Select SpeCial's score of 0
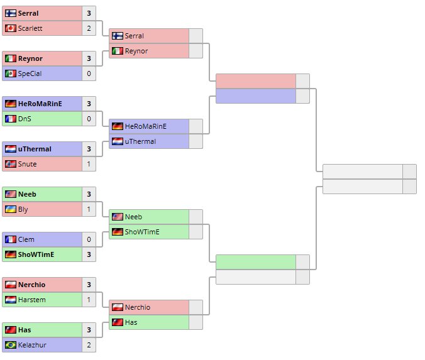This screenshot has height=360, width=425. [89, 74]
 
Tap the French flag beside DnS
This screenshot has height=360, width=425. [10, 119]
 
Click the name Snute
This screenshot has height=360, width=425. [28, 164]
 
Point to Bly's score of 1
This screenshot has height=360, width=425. [89, 209]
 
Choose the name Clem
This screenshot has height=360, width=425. [26, 239]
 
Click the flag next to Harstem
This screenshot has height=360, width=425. [10, 300]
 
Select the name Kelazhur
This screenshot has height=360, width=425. [31, 345]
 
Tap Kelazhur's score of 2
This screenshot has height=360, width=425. [89, 345]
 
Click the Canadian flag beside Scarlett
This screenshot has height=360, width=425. [10, 28]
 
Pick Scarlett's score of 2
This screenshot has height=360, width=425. [89, 28]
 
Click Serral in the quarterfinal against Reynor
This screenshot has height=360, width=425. [135, 36]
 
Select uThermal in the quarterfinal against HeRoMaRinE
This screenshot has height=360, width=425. [140, 141]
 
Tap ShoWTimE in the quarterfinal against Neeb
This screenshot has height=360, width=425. [142, 232]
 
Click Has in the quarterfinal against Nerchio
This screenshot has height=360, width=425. [131, 322]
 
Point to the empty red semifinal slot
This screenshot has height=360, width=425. [255, 81]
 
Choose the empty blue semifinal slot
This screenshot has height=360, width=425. [255, 96]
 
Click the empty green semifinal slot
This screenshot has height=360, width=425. [255, 262]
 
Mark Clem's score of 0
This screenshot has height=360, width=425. [89, 239]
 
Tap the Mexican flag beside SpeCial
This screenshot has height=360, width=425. [10, 74]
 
